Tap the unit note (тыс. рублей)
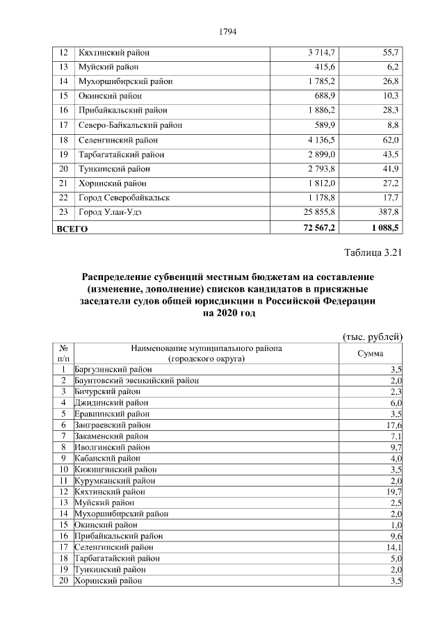tap(373, 336)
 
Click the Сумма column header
tap(371, 353)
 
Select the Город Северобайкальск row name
tap(124, 198)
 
